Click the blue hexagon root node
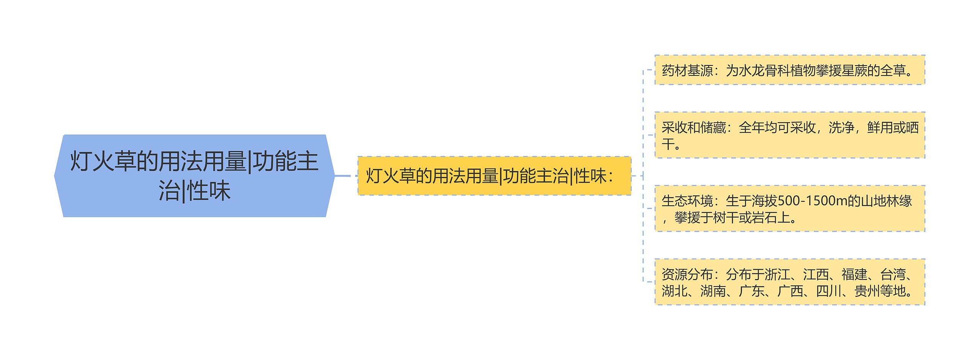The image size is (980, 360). point(194,176)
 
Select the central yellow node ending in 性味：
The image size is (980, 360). point(494,176)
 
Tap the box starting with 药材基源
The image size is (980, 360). point(789,70)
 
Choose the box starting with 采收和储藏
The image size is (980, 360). point(789,135)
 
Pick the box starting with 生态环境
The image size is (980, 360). point(789,209)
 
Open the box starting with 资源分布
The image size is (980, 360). point(789,282)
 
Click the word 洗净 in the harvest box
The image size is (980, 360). point(841,128)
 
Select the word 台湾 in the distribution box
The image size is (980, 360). point(893,275)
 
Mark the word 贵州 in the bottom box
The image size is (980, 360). point(867,291)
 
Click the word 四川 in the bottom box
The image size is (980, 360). point(828,291)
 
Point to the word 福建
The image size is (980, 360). point(854,275)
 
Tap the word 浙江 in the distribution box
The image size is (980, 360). point(777,275)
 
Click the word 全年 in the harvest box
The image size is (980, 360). point(751,128)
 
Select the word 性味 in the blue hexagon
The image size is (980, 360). point(209,191)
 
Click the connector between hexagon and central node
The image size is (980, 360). point(343,176)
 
